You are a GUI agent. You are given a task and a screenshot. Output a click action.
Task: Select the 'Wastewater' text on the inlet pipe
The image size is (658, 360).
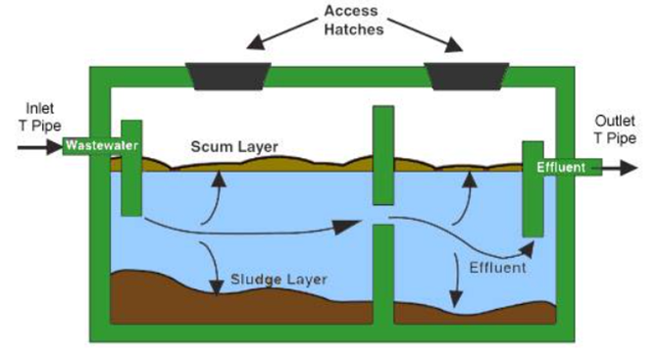[x=99, y=147]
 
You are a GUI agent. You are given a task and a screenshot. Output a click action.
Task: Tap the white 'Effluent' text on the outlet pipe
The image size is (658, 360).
[x=562, y=168]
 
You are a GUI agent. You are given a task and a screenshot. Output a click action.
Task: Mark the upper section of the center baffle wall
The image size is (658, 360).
[x=382, y=153]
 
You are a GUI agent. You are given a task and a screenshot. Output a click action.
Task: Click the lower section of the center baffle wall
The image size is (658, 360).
[x=382, y=274]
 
